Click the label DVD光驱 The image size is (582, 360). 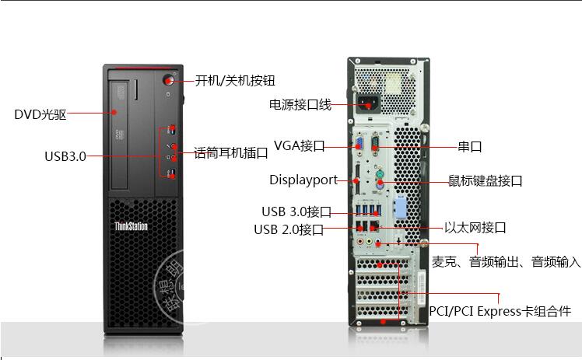tap(40, 114)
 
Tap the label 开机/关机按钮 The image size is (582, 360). tap(234, 80)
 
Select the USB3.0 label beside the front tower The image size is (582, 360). tap(65, 156)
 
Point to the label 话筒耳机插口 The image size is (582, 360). tap(230, 152)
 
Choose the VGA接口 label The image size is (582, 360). tap(299, 145)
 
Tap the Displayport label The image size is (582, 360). tap(303, 180)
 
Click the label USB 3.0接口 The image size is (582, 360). tap(296, 211)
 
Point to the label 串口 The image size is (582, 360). tap(470, 146)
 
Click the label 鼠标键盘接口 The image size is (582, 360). tap(485, 180)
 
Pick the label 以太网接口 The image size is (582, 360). tap(475, 227)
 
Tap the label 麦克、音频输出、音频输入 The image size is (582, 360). tap(507, 262)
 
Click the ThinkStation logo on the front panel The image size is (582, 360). tap(131, 226)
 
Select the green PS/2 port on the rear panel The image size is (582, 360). tap(377, 184)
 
